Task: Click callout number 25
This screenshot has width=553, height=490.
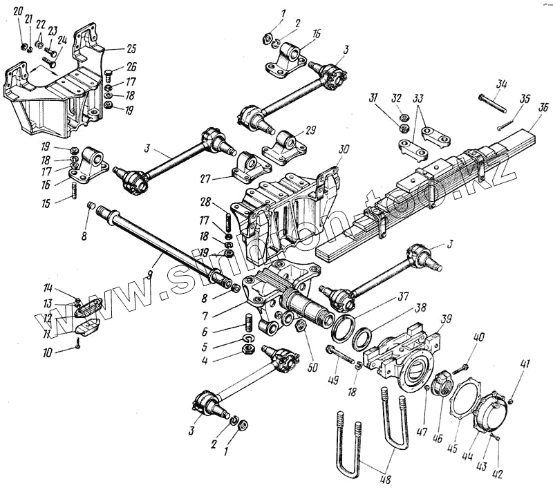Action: pyautogui.click(x=131, y=48)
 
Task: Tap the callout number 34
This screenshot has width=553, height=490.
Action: pyautogui.click(x=502, y=84)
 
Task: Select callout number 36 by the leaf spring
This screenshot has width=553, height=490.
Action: pyautogui.click(x=544, y=108)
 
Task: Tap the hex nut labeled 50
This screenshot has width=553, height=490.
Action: pyautogui.click(x=301, y=326)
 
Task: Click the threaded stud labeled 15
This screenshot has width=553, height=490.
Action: pyautogui.click(x=71, y=191)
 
